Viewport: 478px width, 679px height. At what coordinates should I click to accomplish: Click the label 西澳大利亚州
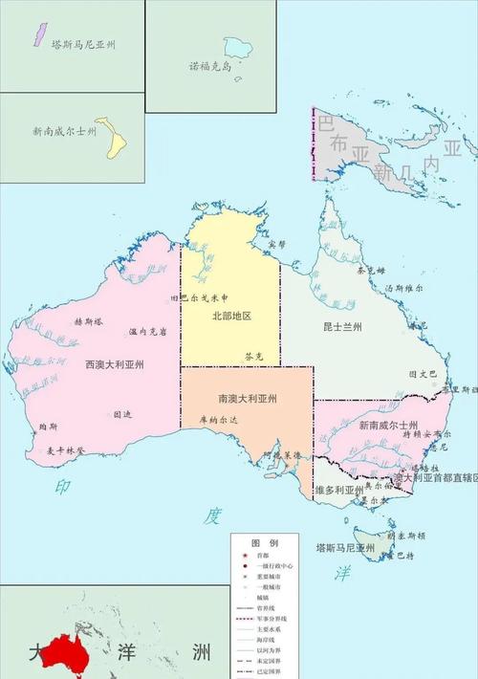point(114,364)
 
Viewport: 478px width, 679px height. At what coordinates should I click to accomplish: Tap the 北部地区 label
point(230,316)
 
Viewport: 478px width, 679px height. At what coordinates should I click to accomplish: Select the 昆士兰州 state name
point(342,327)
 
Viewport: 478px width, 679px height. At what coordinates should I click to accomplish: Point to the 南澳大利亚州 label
point(247,398)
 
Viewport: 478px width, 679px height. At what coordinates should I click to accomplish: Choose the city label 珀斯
point(48,426)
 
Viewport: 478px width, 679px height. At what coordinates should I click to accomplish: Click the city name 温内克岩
point(148,332)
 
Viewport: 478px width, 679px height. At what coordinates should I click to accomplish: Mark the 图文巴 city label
point(423,373)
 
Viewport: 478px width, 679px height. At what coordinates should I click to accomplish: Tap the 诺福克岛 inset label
point(211,66)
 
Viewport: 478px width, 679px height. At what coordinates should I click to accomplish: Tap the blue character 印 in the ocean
point(63,487)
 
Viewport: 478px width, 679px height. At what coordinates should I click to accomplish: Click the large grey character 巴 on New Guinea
point(327,123)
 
